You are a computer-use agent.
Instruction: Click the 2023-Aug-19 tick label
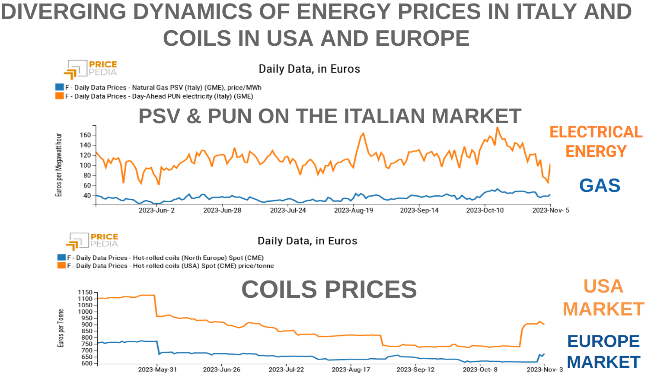[353, 210]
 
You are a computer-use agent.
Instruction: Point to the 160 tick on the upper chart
[86, 135]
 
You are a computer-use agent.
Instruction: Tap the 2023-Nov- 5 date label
[550, 210]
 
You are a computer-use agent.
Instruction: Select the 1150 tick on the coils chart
[85, 293]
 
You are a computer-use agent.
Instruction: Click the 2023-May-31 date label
[157, 369]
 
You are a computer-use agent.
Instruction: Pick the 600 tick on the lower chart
[87, 363]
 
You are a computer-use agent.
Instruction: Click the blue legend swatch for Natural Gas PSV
[59, 87]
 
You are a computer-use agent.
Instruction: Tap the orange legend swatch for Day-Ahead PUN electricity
[59, 96]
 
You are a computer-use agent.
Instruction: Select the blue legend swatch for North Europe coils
[61, 257]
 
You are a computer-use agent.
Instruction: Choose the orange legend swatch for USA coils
[61, 265]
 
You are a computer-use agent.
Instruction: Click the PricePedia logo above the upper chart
[91, 69]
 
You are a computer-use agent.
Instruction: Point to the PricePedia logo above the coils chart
[93, 241]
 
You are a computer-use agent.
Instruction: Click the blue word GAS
[600, 186]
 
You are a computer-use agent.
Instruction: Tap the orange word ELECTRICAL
[596, 132]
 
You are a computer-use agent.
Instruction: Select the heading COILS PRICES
[329, 289]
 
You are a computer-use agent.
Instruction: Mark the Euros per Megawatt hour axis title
[59, 165]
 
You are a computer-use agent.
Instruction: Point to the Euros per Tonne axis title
[61, 328]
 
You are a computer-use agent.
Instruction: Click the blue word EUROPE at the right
[603, 341]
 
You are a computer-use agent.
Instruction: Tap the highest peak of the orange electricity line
[497, 127]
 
